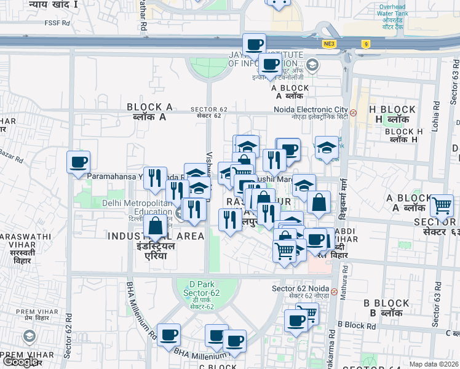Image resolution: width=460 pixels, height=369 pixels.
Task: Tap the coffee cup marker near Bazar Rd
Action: click(79, 162)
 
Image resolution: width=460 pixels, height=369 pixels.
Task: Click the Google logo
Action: click(20, 362)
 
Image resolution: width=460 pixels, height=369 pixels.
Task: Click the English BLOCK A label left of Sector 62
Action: click(149, 107)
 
